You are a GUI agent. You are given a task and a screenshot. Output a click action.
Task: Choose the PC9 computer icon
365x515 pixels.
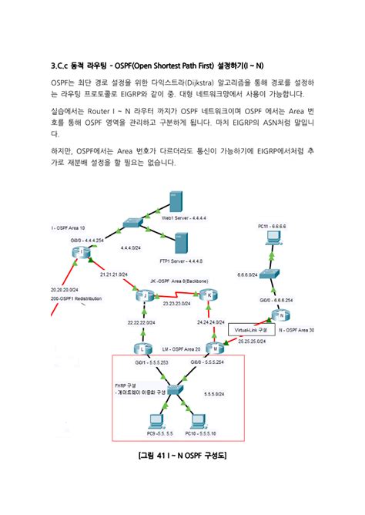[x=155, y=422]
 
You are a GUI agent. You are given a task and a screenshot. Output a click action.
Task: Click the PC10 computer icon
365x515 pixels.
[x=199, y=422]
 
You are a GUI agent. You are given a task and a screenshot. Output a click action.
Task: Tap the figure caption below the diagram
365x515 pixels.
[x=182, y=456]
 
